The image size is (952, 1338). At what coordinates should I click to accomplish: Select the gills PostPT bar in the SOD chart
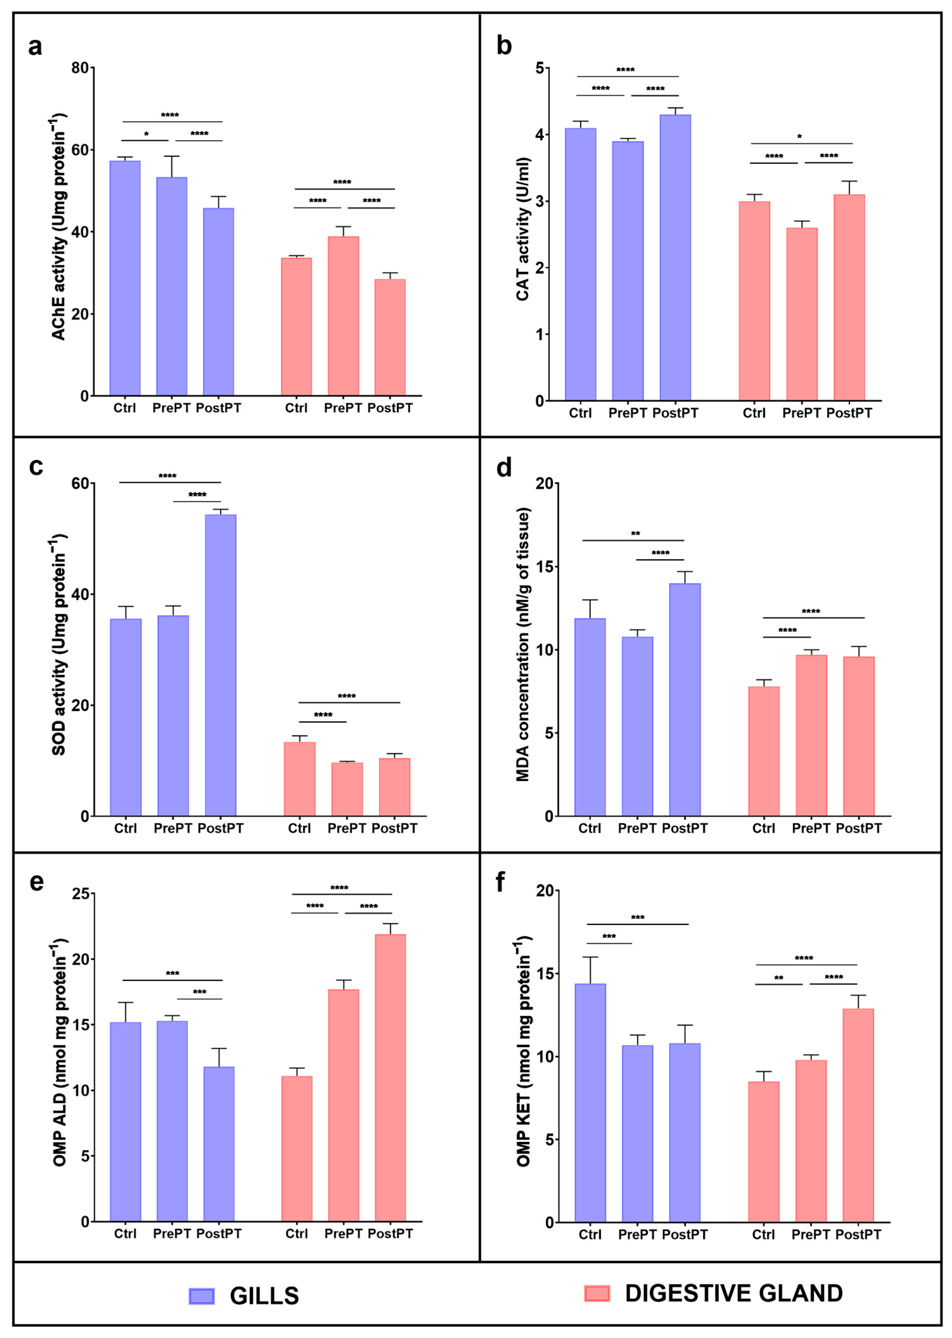click(x=220, y=665)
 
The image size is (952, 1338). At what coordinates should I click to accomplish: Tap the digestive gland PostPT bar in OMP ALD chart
click(x=390, y=1078)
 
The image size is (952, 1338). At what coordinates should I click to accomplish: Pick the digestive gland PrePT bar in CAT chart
click(x=802, y=314)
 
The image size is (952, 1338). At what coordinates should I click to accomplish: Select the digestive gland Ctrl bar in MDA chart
click(x=764, y=751)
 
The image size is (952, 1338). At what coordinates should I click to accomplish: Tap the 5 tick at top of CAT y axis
click(x=539, y=68)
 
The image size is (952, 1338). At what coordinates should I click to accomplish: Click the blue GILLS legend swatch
click(x=202, y=1296)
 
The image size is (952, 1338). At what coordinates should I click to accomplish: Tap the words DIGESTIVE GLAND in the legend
click(x=734, y=1293)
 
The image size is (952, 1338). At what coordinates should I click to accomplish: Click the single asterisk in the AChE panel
click(x=147, y=134)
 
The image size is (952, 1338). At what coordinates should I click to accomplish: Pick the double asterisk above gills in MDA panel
click(x=636, y=534)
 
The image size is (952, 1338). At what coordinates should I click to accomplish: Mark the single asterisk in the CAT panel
click(x=800, y=137)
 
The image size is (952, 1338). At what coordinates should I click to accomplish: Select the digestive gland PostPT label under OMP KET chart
click(x=858, y=1235)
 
